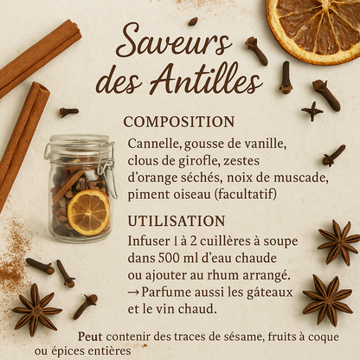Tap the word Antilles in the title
point(204,81)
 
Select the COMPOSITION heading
point(178,122)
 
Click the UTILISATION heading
point(176,221)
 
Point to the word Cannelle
point(152,143)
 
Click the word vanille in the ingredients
point(265,143)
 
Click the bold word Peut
point(90,337)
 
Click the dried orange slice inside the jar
point(88,212)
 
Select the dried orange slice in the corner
point(313,26)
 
